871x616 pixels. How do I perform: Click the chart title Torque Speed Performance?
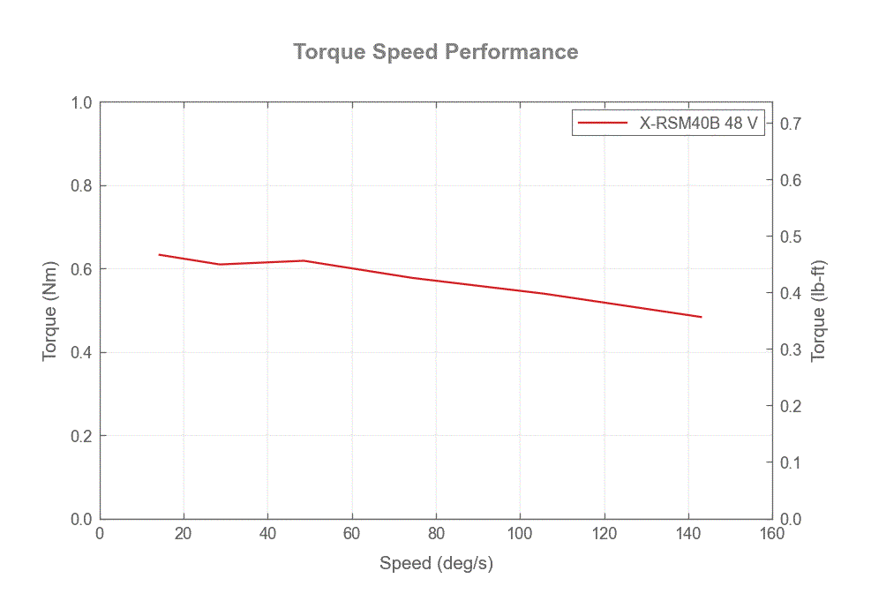click(x=435, y=52)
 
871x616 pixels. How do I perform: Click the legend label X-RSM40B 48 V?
click(x=698, y=124)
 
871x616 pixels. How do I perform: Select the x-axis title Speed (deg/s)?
click(x=435, y=563)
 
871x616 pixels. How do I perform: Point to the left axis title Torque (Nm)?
click(x=50, y=311)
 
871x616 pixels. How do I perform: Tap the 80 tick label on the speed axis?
click(x=436, y=534)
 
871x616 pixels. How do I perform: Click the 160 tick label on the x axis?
click(x=772, y=534)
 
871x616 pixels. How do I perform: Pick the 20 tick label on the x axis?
click(x=184, y=534)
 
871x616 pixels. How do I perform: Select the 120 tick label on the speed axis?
click(x=604, y=534)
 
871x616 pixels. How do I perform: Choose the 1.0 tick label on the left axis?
click(x=82, y=102)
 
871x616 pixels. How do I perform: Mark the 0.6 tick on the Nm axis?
click(x=82, y=269)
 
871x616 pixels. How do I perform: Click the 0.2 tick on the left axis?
click(x=82, y=436)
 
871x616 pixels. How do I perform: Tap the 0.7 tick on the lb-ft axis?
click(x=791, y=124)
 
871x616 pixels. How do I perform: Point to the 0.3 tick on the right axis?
click(x=791, y=349)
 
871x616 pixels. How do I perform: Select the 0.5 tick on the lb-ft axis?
click(x=791, y=237)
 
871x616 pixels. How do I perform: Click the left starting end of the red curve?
click(x=159, y=254)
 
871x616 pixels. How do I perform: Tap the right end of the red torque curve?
click(x=702, y=317)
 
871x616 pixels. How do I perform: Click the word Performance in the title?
click(x=511, y=52)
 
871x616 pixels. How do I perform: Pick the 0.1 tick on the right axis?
click(x=791, y=462)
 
